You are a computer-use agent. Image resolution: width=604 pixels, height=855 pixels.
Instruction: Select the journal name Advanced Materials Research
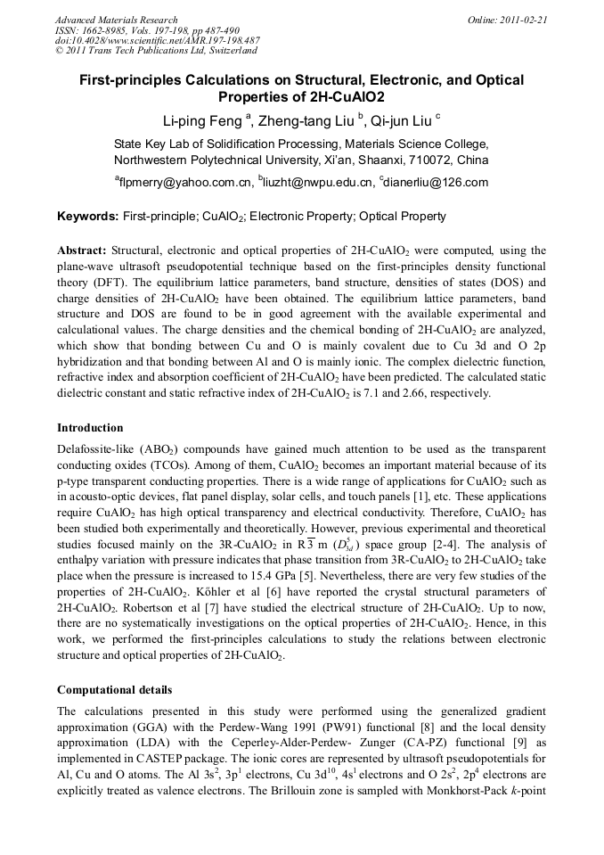point(116,20)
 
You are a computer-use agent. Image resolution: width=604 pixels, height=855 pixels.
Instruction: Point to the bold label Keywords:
point(87,217)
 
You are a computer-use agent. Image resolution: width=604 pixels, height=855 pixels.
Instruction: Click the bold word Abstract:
point(82,251)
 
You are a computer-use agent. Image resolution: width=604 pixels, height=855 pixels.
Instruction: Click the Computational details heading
point(115,690)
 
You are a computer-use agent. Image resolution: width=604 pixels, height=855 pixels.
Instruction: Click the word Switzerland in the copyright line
point(227,52)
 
